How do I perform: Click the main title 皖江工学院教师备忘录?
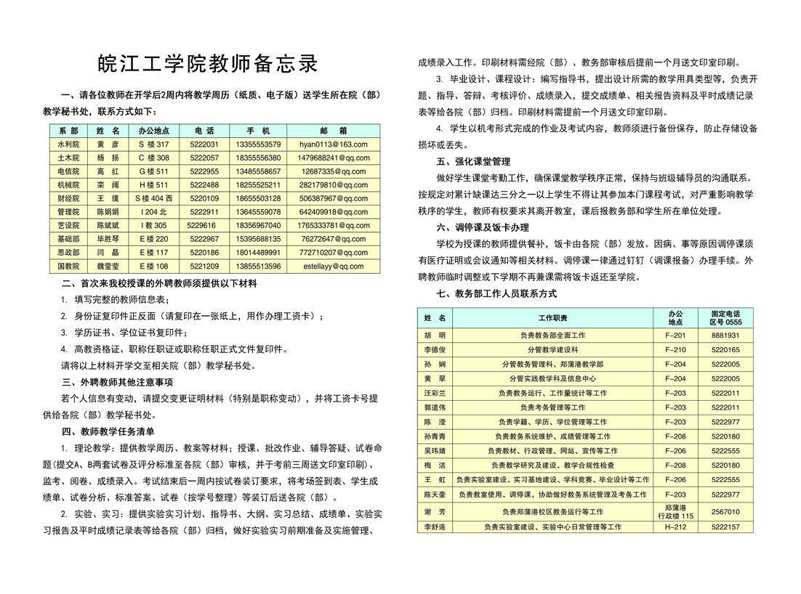209,64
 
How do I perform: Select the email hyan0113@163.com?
334,145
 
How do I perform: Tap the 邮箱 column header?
334,131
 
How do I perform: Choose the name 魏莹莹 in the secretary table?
108,267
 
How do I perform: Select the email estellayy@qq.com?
334,267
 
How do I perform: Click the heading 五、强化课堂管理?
473,161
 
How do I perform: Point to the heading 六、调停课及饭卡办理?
483,227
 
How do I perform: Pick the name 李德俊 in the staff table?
435,350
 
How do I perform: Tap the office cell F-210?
675,350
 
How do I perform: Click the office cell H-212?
675,526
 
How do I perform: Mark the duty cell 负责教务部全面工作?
552,335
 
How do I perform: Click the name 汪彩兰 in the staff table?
435,393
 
